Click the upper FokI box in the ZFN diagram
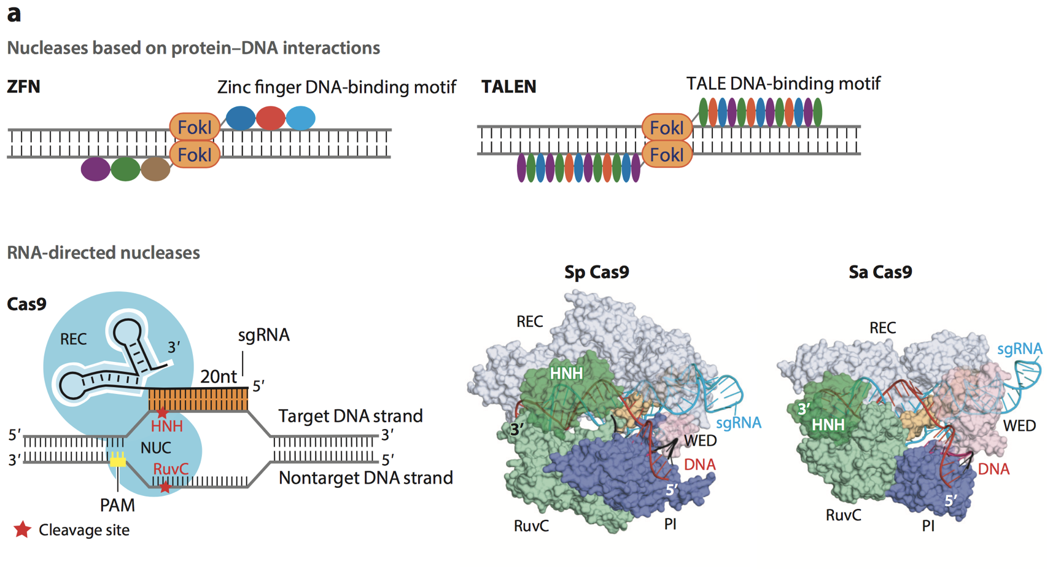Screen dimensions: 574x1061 (x=195, y=127)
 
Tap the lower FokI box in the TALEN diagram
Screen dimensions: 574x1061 (x=667, y=154)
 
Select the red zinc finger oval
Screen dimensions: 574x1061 (x=271, y=118)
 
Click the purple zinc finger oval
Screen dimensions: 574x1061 (x=95, y=169)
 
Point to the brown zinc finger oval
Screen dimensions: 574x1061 (x=155, y=169)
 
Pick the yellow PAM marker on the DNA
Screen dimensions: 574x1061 (x=118, y=460)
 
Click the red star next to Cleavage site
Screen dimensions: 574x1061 (x=23, y=530)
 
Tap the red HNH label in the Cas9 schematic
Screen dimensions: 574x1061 (x=167, y=426)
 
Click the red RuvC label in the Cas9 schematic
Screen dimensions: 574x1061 (x=171, y=469)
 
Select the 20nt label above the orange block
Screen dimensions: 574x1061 (x=218, y=376)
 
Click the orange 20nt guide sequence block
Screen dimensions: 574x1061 (x=198, y=399)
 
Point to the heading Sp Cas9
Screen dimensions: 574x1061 (x=596, y=272)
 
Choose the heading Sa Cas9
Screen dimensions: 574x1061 (x=880, y=272)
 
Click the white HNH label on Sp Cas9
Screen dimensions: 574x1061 (x=566, y=373)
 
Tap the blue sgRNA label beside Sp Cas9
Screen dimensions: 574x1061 (x=739, y=423)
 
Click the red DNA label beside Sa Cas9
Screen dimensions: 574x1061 (x=993, y=470)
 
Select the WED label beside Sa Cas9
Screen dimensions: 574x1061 (x=1019, y=426)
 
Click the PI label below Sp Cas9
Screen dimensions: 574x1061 (x=670, y=524)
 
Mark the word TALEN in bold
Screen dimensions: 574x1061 (x=508, y=87)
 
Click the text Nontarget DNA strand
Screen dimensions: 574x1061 (x=365, y=478)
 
